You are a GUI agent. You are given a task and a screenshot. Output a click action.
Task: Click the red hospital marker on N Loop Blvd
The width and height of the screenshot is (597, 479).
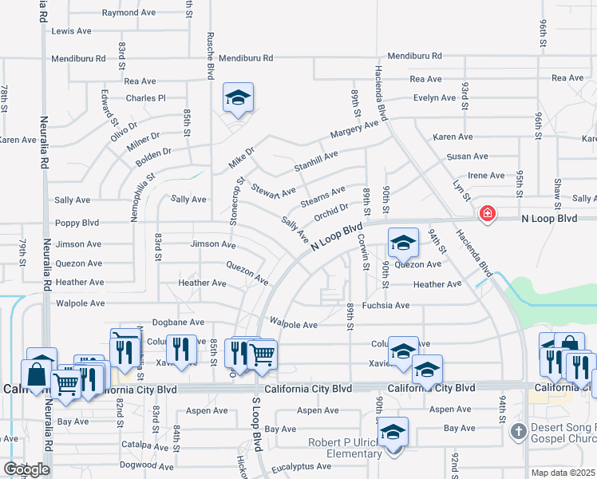(487, 214)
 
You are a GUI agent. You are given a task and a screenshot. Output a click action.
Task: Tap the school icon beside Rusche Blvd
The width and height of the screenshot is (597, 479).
(238, 98)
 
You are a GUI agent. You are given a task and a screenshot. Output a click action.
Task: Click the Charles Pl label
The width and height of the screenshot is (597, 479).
(145, 99)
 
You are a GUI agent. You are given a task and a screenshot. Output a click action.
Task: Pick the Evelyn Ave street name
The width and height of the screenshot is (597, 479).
(434, 98)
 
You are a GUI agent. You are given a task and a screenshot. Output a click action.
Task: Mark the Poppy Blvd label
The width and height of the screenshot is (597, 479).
(76, 224)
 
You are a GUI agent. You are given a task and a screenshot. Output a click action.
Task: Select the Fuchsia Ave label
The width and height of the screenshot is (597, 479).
(385, 305)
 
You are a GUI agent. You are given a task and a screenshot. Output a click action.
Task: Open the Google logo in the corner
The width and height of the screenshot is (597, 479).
(26, 469)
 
